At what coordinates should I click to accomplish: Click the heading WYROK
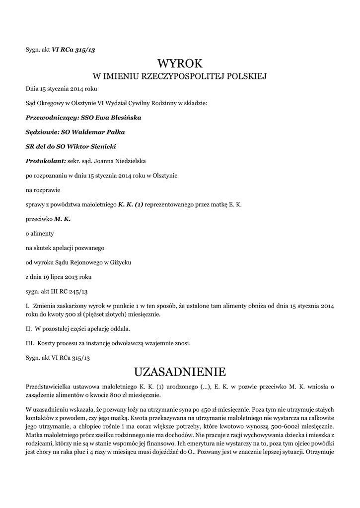(x=180, y=63)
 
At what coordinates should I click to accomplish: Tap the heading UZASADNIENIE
(x=180, y=372)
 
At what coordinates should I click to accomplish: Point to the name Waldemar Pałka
(x=99, y=132)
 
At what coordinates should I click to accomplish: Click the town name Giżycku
(x=119, y=261)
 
